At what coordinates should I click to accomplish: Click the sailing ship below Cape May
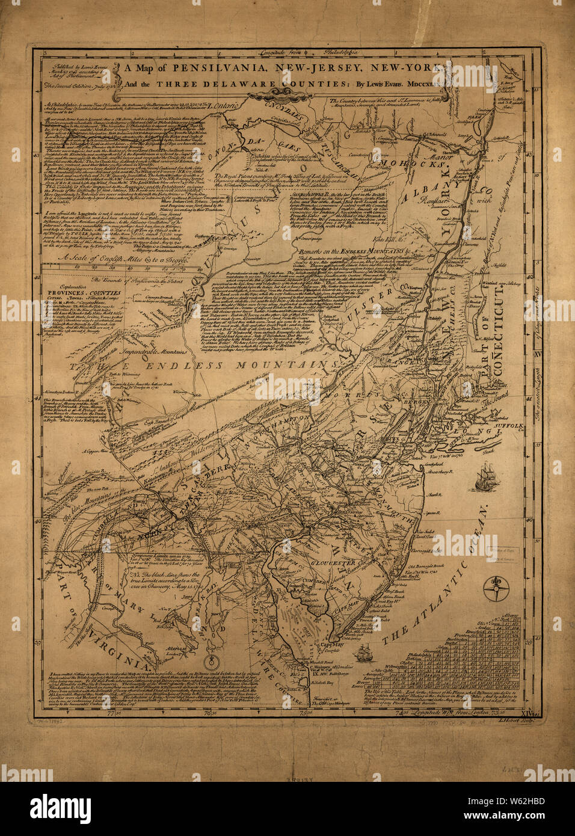coord(364,651)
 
